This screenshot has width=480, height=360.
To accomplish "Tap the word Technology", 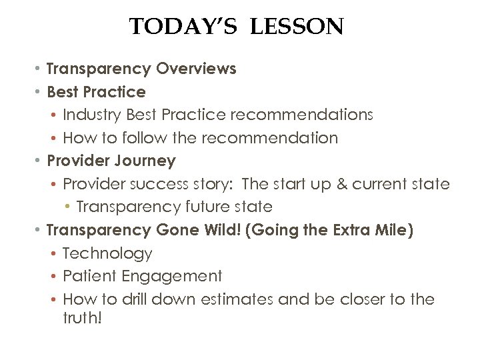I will (x=107, y=253).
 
